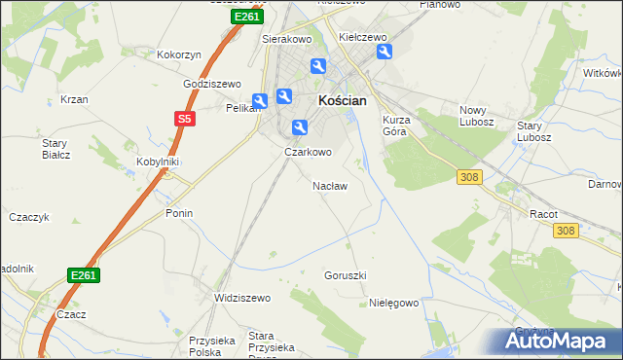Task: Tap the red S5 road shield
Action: [185, 119]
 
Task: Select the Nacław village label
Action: [329, 185]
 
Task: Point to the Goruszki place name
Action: [345, 275]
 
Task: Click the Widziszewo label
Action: [240, 298]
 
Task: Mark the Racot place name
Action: [541, 212]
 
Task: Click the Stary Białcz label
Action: [54, 149]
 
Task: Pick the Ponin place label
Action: [179, 213]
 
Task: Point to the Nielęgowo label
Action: [393, 303]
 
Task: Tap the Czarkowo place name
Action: [308, 152]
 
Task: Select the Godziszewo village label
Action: [212, 84]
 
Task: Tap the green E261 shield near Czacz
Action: [84, 275]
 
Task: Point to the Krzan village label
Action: [74, 99]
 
